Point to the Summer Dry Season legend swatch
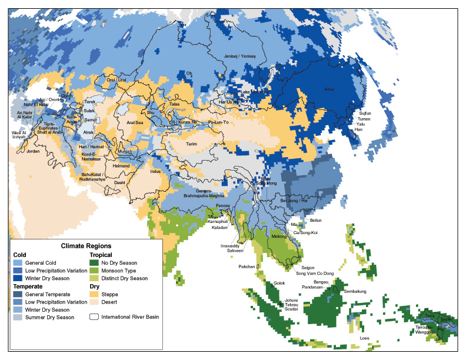coord(18,318)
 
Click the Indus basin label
coord(155,171)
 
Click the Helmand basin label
coord(121,166)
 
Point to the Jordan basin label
coord(33,151)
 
